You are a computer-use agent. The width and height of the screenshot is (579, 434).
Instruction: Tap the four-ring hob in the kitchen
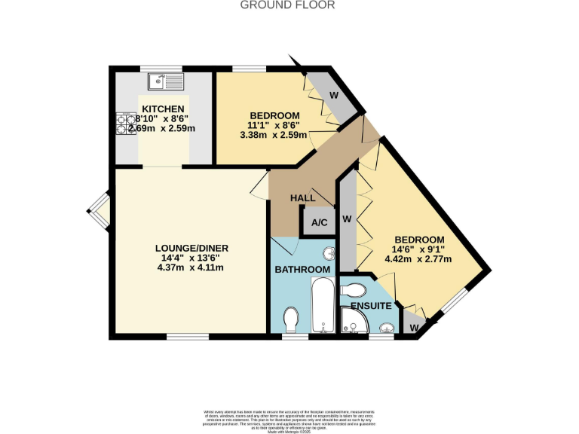(125, 124)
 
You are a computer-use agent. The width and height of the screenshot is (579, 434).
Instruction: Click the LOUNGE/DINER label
(191, 248)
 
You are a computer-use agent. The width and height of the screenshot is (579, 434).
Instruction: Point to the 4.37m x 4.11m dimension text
(191, 267)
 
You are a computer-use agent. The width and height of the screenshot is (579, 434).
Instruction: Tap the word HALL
(303, 198)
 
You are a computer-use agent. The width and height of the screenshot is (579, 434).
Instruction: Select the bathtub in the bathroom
(323, 306)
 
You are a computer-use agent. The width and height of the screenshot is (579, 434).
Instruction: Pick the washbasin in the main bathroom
(329, 254)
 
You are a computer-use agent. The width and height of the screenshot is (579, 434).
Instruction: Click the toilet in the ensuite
(354, 289)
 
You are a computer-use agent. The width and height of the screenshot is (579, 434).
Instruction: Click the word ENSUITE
(370, 306)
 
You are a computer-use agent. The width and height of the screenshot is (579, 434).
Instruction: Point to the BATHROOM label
(302, 269)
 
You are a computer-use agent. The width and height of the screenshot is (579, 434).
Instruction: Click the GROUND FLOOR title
(287, 5)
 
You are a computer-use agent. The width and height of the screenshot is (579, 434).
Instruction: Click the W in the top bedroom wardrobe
(333, 96)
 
